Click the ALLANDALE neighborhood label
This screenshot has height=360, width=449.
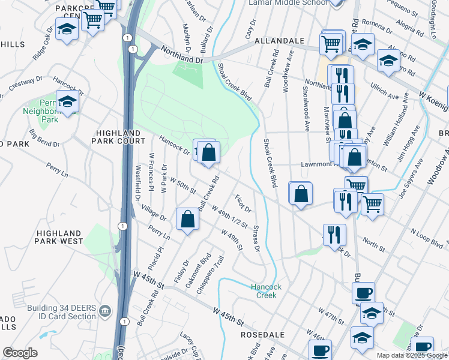(x=279, y=40)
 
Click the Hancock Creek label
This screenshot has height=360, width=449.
(x=263, y=290)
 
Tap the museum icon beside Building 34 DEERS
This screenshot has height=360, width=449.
(x=105, y=311)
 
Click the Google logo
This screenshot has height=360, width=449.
(x=20, y=353)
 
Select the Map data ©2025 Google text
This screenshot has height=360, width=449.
(x=412, y=355)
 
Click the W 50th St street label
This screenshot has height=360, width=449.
(x=182, y=184)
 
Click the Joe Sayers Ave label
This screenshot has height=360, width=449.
(x=409, y=179)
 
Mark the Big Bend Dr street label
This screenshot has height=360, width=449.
(x=44, y=136)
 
